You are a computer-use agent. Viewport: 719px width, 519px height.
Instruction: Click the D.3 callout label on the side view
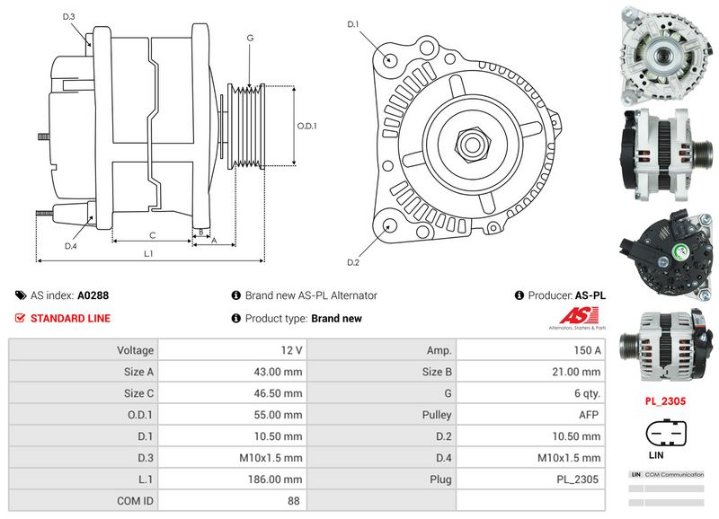pos(69,17)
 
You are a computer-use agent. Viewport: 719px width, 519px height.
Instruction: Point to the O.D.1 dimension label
pos(307,126)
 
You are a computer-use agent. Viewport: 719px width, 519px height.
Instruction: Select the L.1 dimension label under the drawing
pos(149,254)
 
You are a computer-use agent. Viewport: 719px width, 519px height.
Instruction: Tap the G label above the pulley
pos(250,38)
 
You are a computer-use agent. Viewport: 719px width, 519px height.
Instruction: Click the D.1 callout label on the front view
pos(353,23)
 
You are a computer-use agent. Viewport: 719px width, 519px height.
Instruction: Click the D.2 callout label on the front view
pos(353,262)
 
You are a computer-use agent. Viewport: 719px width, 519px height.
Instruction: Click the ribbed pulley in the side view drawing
pos(244,126)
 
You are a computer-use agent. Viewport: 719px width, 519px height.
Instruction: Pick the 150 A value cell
pos(589,349)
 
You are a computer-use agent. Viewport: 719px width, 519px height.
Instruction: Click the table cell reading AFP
pos(589,415)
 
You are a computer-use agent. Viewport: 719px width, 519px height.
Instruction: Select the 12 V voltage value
pos(291,349)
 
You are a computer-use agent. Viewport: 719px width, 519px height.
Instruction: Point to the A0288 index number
pos(93,295)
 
